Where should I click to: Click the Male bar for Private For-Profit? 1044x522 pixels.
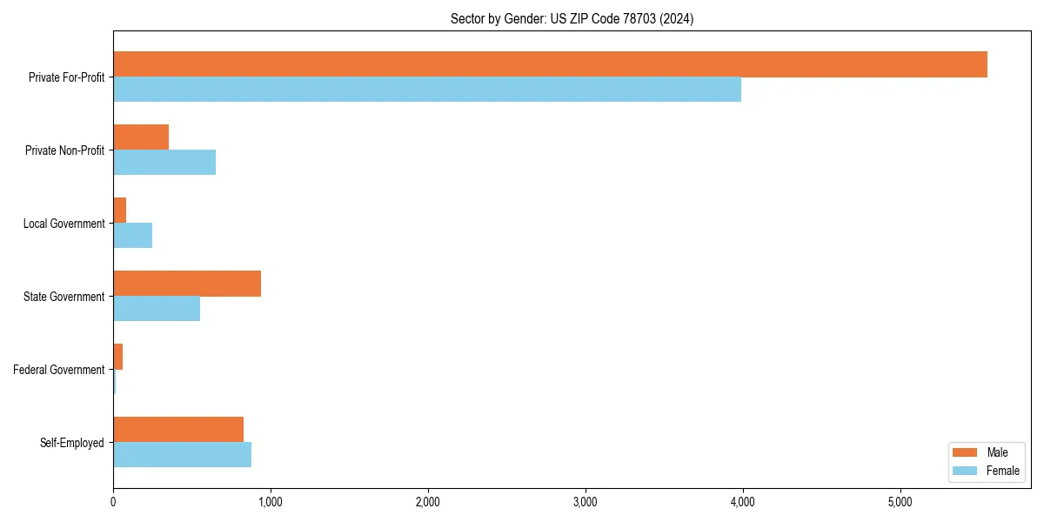click(550, 64)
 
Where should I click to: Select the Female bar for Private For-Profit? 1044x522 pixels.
click(427, 90)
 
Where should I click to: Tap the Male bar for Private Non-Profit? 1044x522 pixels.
click(141, 137)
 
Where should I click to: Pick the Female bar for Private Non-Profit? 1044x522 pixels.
click(164, 163)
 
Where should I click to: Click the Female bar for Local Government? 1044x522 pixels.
click(132, 236)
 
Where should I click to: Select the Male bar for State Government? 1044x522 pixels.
click(187, 284)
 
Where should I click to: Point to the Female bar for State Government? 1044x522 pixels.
click(157, 309)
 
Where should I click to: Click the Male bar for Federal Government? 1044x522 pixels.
click(118, 357)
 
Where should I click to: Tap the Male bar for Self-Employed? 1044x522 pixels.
click(178, 430)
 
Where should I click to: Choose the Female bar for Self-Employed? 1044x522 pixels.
click(182, 455)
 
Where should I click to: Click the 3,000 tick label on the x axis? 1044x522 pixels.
click(586, 502)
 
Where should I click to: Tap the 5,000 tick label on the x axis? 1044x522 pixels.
click(900, 502)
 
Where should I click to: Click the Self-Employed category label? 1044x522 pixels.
click(72, 443)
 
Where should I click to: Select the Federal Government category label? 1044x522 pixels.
click(59, 370)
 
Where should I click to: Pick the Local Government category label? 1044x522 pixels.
click(64, 224)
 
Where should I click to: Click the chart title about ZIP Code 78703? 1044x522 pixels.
click(572, 18)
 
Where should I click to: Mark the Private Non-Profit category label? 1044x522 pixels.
click(65, 151)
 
